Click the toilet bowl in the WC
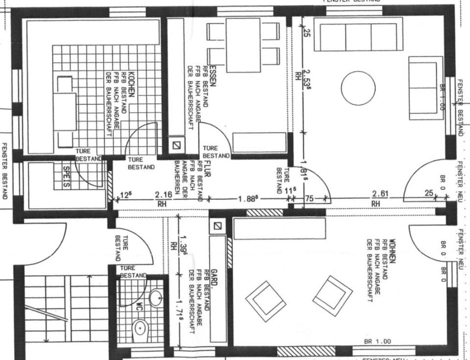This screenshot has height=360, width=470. click(141, 328)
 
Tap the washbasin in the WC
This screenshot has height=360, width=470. click(156, 297)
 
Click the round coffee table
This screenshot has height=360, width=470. click(358, 88)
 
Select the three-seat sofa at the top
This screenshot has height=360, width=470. click(358, 35)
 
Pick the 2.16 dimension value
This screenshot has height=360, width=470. click(163, 194)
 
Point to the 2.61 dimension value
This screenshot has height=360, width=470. click(380, 194)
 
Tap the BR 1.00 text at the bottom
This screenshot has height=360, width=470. click(377, 341)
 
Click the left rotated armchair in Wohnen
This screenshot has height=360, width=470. click(265, 301)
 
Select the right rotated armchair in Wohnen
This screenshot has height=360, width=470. click(332, 296)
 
